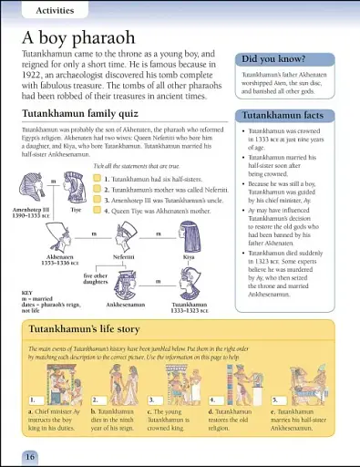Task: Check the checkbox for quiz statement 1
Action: coord(97,180)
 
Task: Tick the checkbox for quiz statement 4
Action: coord(97,210)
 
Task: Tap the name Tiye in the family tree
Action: coord(77,209)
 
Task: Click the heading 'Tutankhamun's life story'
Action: coord(88,326)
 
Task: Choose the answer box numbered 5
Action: coord(279,400)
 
